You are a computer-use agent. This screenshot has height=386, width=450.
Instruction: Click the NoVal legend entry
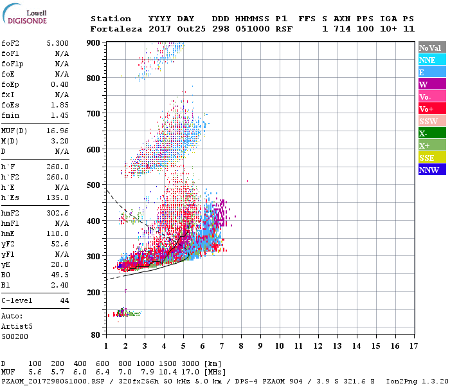[429, 48]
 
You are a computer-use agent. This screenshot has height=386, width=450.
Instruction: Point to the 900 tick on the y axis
[94, 42]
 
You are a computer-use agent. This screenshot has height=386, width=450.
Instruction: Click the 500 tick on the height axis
[94, 185]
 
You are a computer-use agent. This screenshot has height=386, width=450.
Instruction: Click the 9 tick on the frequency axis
[260, 346]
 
